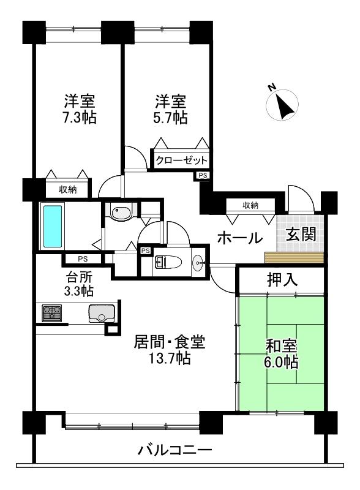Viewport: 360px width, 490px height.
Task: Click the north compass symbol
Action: (282, 104)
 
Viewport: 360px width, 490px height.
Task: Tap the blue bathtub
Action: (52, 226)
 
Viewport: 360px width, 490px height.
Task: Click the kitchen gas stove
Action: (52, 313)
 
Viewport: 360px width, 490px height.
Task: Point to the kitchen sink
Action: (102, 313)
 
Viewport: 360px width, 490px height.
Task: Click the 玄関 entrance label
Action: (301, 234)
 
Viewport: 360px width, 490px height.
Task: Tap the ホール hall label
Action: (239, 238)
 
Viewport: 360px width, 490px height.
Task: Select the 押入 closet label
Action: (282, 279)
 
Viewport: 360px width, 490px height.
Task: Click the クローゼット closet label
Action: (181, 160)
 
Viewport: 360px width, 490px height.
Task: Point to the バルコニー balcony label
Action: (175, 450)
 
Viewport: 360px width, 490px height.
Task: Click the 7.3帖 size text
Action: (80, 118)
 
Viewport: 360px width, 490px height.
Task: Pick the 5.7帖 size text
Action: (171, 118)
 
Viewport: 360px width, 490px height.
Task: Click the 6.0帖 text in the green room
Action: (281, 362)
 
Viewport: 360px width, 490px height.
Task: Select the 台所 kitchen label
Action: (79, 277)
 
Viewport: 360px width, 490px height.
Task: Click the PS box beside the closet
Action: (203, 176)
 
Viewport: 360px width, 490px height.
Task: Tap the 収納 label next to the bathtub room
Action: (68, 189)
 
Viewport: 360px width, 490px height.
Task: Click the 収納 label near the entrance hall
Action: (250, 205)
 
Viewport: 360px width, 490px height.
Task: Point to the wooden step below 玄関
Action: (294, 257)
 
